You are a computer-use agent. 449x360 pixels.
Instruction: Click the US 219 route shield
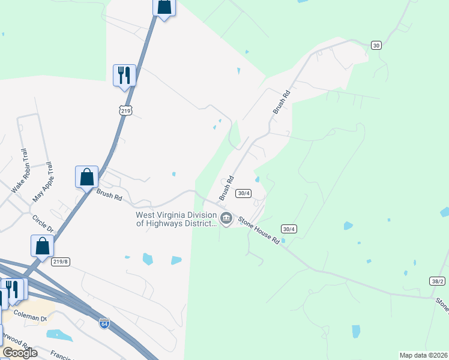[125, 110]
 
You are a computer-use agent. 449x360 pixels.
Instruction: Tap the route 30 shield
[376, 45]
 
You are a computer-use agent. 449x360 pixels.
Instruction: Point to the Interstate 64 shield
[104, 322]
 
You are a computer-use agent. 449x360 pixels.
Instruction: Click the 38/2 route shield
[438, 281]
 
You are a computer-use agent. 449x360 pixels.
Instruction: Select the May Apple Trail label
[43, 181]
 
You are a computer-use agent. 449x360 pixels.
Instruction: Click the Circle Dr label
[43, 224]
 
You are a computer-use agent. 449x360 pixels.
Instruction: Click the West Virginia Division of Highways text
[175, 219]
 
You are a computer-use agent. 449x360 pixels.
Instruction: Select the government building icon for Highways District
[226, 218]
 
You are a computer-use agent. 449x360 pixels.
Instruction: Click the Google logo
[20, 353]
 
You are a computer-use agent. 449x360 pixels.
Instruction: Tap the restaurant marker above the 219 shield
[124, 76]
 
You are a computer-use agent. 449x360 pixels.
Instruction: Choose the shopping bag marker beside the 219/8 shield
[42, 245]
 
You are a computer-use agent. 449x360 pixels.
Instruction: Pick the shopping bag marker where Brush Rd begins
[86, 177]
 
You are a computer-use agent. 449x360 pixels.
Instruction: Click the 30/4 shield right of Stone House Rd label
[289, 229]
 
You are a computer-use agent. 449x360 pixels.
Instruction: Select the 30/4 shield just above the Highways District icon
[243, 193]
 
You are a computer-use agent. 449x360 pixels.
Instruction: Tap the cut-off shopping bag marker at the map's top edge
[164, 7]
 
